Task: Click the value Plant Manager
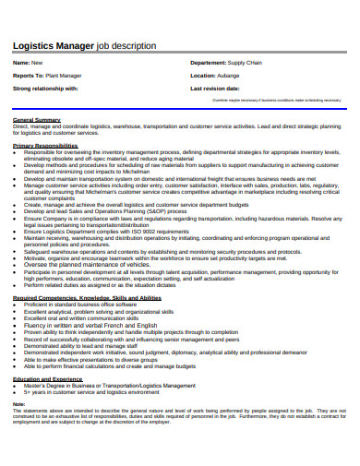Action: pos(64,75)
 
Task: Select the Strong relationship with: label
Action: pos(45,88)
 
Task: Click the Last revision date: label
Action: pos(220,88)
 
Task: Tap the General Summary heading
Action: pos(37,120)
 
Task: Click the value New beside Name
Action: pos(38,63)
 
